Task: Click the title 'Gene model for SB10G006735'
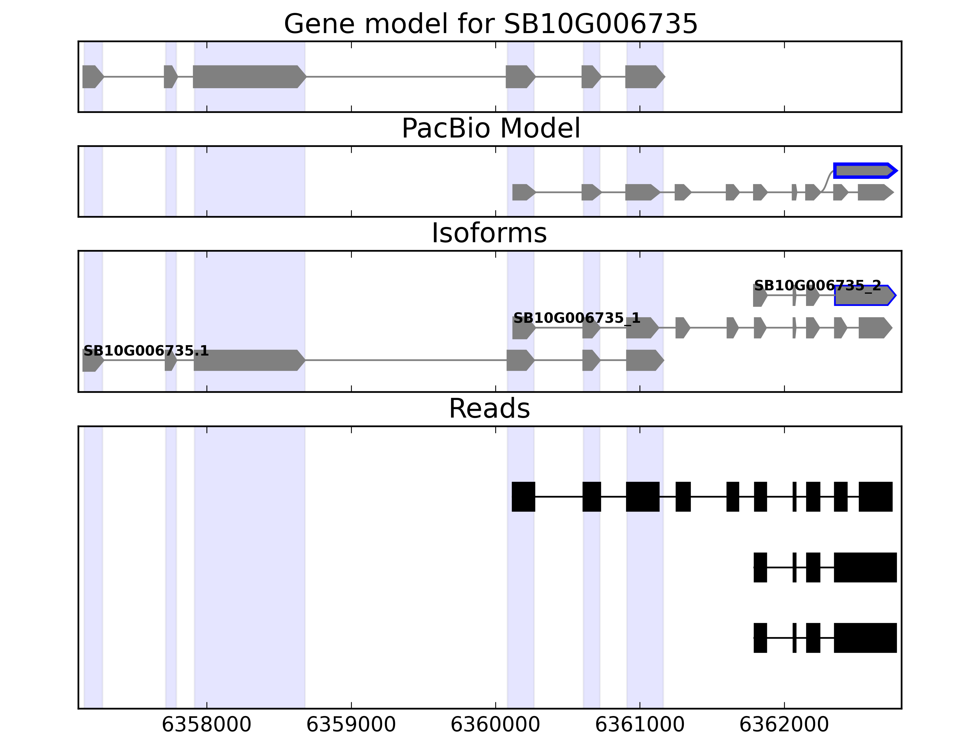490,24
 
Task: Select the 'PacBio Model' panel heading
490,129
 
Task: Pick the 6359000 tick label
351,724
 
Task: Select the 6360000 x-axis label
495,724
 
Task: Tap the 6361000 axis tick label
640,724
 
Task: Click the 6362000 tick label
784,724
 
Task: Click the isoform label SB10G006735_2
817,286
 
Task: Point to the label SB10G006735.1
146,351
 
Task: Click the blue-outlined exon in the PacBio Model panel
864,171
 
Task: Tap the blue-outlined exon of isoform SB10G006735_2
864,296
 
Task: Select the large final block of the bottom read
865,638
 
